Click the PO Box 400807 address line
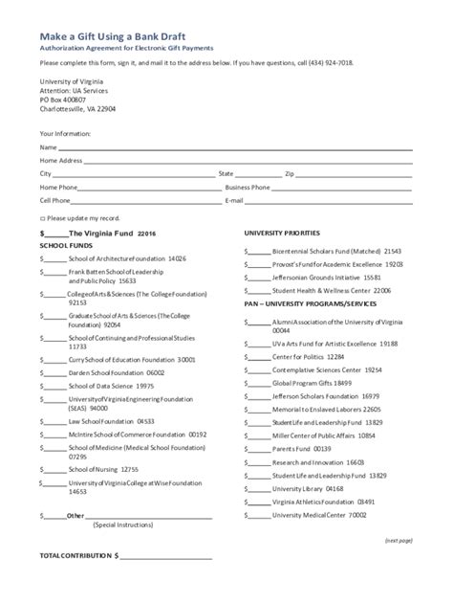click(62, 99)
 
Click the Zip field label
click(290, 174)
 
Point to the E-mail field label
click(234, 201)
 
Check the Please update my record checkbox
click(41, 218)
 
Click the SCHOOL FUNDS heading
click(65, 246)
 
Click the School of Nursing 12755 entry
click(103, 469)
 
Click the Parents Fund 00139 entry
click(301, 448)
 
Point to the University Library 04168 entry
click(308, 488)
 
